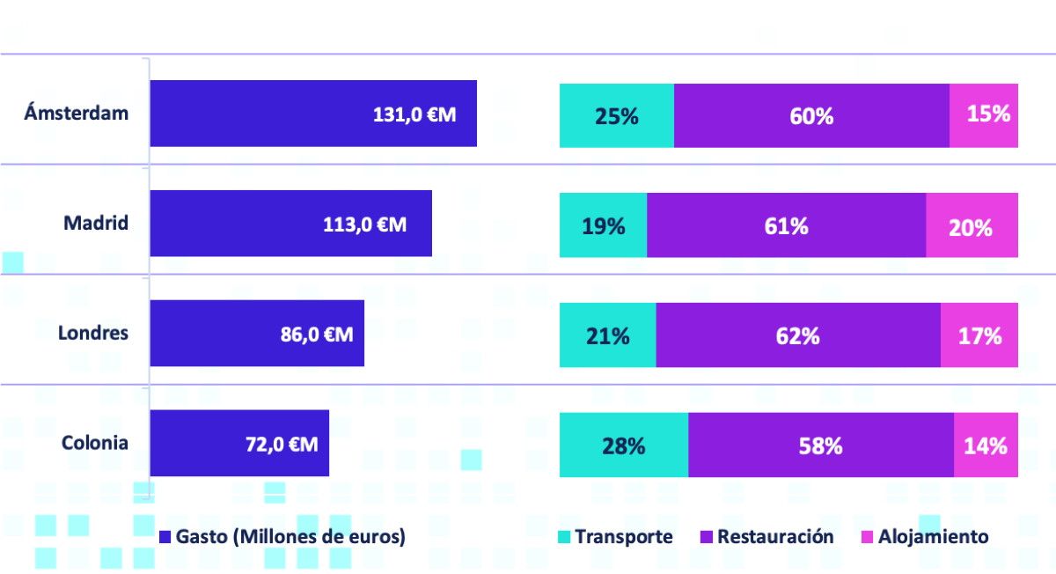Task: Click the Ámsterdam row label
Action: tap(77, 113)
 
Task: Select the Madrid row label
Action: tap(96, 223)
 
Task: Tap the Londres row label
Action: tap(93, 333)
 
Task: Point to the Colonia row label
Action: tap(95, 443)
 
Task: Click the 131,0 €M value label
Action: tap(414, 114)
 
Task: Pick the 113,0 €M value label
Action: tap(364, 224)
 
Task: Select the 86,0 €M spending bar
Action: tap(257, 333)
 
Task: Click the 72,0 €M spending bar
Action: tap(239, 443)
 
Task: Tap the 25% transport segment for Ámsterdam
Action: tap(617, 115)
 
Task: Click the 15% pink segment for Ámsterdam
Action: tap(984, 115)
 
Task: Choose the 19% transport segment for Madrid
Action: tap(603, 225)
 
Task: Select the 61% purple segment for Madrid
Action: tap(787, 225)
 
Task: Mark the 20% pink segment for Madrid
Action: tap(972, 225)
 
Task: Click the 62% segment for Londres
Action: tap(798, 335)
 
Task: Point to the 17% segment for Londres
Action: tap(979, 335)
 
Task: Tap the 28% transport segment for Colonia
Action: tap(624, 445)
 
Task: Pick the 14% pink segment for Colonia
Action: tap(986, 445)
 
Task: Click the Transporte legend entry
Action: tap(615, 537)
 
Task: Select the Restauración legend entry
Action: tap(767, 537)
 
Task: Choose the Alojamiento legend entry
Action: tap(925, 537)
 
